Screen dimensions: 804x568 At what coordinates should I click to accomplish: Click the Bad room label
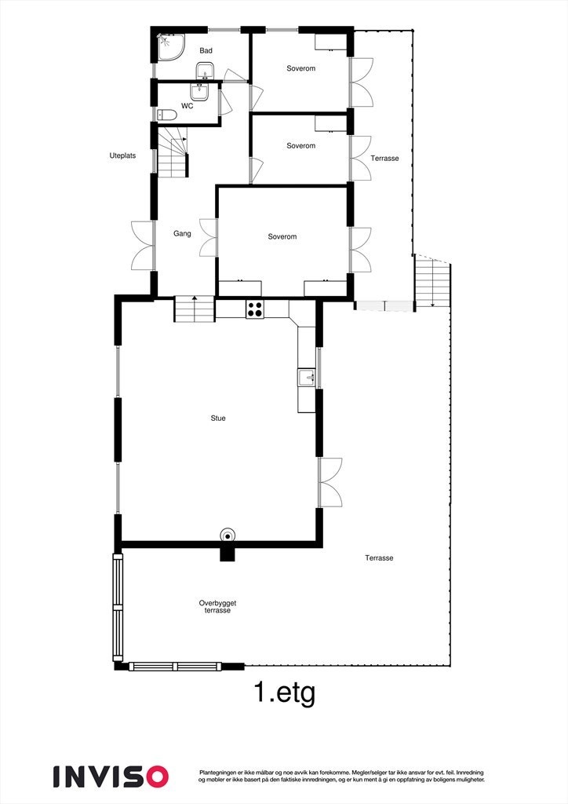(206, 51)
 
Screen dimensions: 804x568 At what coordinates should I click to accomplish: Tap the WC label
(188, 105)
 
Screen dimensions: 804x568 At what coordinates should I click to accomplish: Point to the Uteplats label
(122, 155)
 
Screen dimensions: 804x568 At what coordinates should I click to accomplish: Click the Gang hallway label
(183, 233)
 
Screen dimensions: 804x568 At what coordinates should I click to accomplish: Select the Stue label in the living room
(218, 418)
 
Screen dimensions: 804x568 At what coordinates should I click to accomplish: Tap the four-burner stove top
(256, 309)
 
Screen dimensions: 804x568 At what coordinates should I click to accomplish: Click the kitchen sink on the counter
(306, 378)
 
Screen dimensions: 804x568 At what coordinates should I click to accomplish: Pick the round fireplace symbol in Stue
(228, 535)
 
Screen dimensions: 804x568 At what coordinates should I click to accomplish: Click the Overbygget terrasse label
(218, 606)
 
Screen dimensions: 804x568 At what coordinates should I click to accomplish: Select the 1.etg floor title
(284, 693)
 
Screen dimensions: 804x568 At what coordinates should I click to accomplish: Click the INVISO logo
(111, 776)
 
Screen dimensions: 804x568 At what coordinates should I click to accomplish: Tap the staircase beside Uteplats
(174, 153)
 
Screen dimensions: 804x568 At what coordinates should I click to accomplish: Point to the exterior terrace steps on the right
(433, 283)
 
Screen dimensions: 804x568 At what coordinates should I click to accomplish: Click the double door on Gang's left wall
(144, 246)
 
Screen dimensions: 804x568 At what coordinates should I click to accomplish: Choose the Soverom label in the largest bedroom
(282, 236)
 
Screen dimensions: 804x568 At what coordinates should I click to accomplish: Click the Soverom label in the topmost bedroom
(300, 68)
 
